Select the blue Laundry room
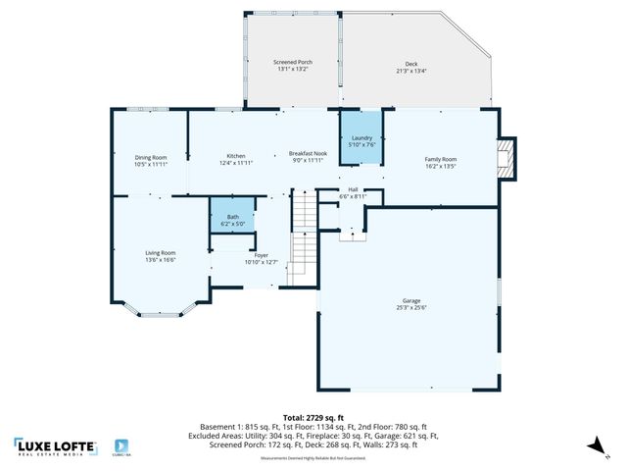point(362,139)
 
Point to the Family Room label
point(440,159)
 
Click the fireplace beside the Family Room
point(506,159)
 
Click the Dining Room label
point(151,157)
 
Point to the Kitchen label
point(236,156)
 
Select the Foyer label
point(262,255)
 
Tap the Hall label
point(353,190)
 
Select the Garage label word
point(410,300)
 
